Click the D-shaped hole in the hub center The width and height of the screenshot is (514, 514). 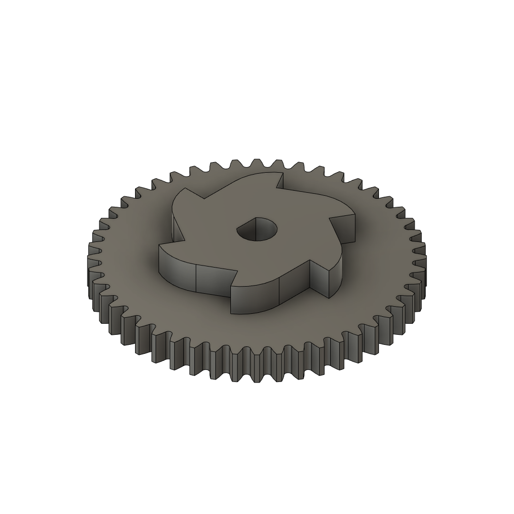tap(257, 230)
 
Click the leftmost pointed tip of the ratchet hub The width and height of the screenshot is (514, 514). tap(160, 246)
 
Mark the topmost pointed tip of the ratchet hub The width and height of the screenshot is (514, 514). tap(282, 173)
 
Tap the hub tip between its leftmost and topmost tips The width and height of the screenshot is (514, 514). tap(185, 188)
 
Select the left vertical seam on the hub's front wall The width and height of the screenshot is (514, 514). tap(195, 279)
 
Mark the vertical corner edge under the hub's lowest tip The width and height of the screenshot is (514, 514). tap(232, 301)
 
